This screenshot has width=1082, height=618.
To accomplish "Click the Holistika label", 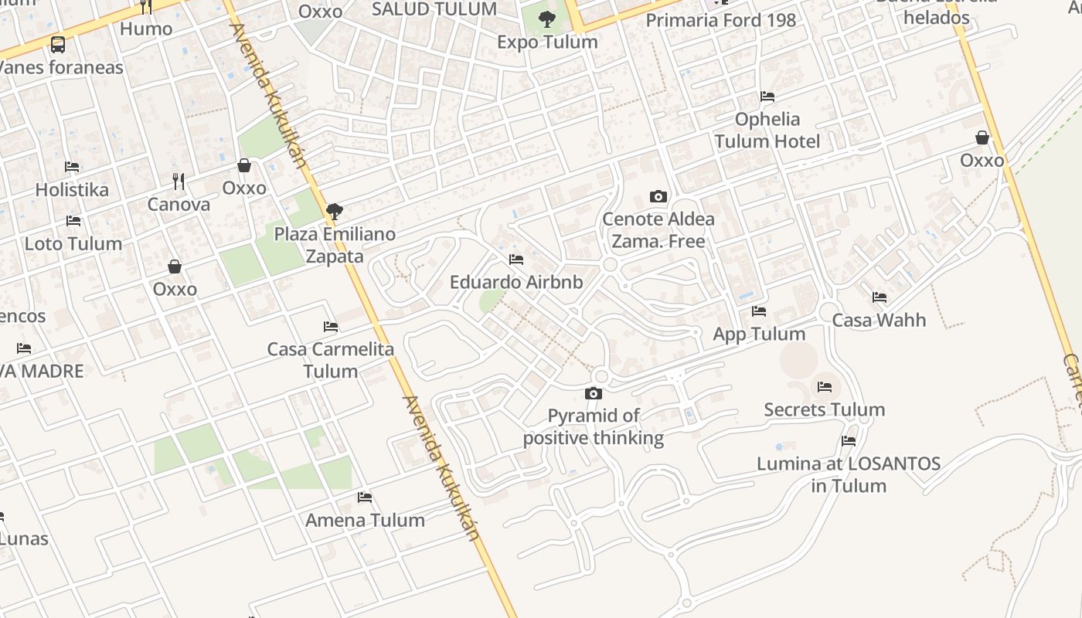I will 72,190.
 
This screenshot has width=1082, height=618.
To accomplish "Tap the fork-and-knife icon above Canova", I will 179,182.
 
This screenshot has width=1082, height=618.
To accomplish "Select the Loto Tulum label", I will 73,244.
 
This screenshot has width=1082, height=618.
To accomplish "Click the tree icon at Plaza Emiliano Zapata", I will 335,211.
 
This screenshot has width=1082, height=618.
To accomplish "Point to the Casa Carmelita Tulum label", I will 331,360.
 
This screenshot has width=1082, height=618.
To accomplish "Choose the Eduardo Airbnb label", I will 516,283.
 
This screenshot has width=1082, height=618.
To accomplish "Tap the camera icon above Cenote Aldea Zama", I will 658,197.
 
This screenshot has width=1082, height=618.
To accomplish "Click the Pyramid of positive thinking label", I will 594,427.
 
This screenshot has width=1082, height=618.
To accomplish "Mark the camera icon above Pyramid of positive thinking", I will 594,394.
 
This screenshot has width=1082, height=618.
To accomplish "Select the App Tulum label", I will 759,334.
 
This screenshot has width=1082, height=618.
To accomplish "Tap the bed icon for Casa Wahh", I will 880,297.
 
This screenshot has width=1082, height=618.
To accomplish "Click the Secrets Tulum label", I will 825,410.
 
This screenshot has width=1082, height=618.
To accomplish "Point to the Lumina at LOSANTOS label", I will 849,475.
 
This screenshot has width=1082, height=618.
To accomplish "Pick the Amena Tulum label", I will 365,521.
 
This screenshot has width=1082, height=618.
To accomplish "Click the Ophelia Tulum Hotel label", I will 767,131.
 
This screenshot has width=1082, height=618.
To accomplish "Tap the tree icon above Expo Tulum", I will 547,19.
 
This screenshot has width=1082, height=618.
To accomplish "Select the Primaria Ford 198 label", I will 721,21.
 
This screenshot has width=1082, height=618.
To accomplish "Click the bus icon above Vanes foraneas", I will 58,44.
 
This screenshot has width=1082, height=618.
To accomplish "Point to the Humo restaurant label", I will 146,29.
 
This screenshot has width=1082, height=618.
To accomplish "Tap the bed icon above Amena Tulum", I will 365,497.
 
